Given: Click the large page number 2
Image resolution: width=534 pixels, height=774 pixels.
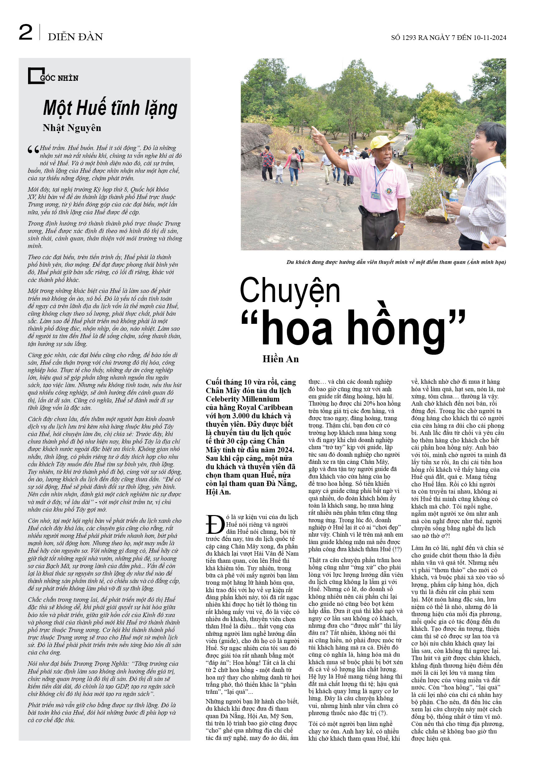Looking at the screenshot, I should point(26,32).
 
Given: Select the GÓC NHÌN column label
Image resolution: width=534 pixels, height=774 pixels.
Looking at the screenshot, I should point(59,78).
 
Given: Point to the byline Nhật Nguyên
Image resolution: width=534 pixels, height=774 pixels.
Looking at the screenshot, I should point(72,128).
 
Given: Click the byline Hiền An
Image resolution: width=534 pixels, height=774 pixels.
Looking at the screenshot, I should point(280,359).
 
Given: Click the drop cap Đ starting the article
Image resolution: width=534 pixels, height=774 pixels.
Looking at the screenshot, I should point(215,525).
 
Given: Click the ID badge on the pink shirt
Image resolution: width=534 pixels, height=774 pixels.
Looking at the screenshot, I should point(375,195).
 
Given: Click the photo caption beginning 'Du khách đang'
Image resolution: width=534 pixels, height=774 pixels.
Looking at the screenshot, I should point(396,262).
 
